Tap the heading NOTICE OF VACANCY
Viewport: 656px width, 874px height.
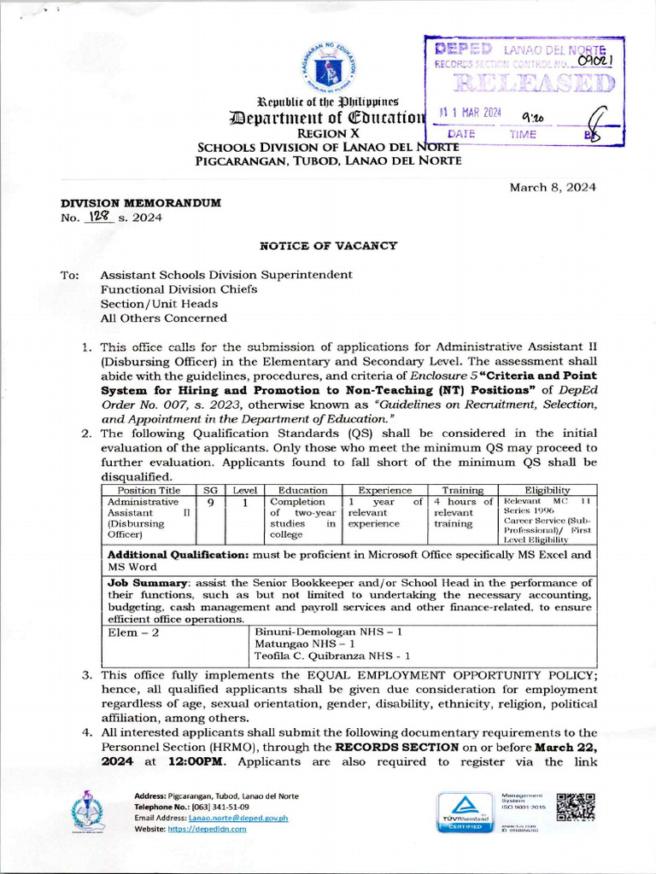tap(328, 246)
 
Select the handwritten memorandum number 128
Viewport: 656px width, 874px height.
tap(99, 217)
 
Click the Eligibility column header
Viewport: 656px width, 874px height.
tap(548, 490)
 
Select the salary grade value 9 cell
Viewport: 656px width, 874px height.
tap(210, 502)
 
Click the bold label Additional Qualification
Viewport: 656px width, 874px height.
tap(175, 555)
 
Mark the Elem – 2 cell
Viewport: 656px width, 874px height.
tap(133, 633)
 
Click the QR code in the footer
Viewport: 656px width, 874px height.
tap(575, 807)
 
